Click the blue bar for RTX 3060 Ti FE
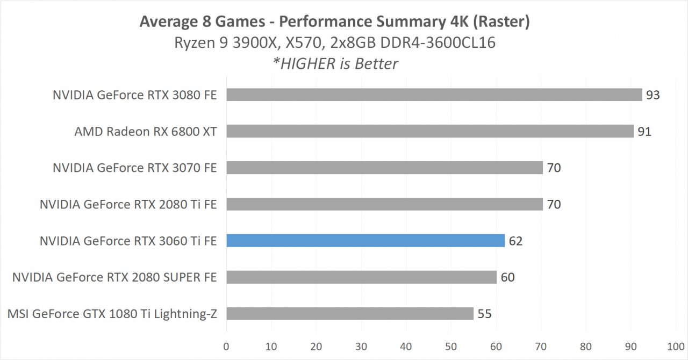[x=365, y=241]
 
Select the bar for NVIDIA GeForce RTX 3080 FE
[x=434, y=95]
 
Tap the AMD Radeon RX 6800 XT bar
[x=429, y=131]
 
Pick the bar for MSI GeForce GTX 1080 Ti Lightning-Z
[x=349, y=314]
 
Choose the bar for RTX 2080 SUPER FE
[x=361, y=277]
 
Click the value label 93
[x=653, y=95]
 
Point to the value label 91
[x=644, y=132]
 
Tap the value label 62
[x=515, y=241]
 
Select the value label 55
[x=484, y=314]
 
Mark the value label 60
[x=507, y=278]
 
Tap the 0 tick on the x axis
[x=226, y=346]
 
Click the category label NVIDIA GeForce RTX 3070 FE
[x=134, y=168]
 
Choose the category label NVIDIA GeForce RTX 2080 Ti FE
[x=128, y=205]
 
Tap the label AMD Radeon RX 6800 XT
[x=146, y=132]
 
